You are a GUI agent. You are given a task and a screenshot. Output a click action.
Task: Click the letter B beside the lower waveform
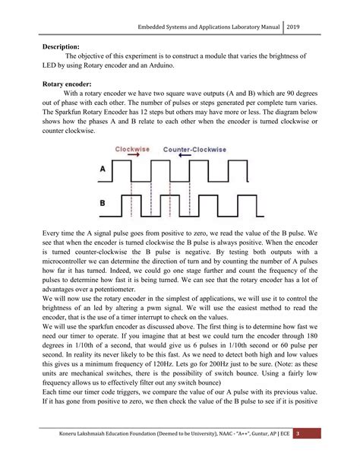[103, 203]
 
